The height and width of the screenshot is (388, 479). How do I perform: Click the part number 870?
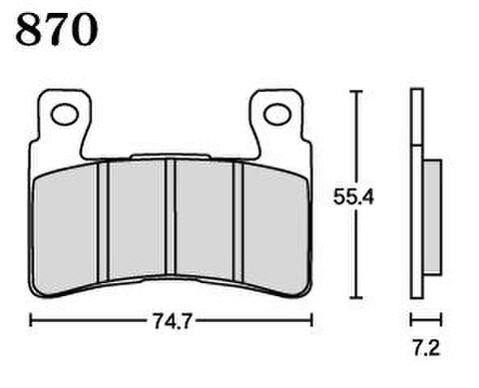[57, 29]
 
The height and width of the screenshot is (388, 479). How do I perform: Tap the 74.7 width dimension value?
[172, 321]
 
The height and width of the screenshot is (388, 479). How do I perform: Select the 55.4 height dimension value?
[353, 196]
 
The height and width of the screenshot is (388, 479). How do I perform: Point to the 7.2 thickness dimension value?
[426, 348]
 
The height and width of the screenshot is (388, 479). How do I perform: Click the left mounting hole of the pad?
[65, 114]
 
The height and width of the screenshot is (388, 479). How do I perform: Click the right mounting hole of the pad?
[277, 114]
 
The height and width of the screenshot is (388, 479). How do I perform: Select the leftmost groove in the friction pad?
[103, 221]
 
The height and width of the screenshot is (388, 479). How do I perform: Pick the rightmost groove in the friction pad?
[239, 221]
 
